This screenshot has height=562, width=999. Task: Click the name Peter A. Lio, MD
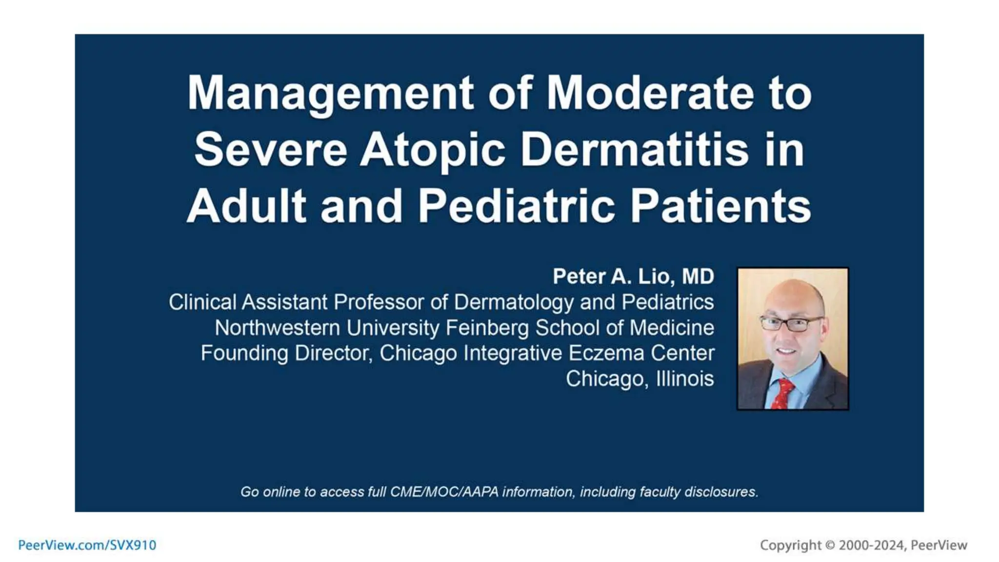point(633,277)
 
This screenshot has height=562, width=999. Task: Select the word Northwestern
point(277,328)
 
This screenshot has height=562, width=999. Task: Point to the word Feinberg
point(487,328)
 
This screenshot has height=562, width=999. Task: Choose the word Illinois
point(685,379)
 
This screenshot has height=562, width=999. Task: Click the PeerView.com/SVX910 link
point(87,545)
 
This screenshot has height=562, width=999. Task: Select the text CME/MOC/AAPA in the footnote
point(444,492)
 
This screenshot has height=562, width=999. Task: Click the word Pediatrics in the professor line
point(668,302)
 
